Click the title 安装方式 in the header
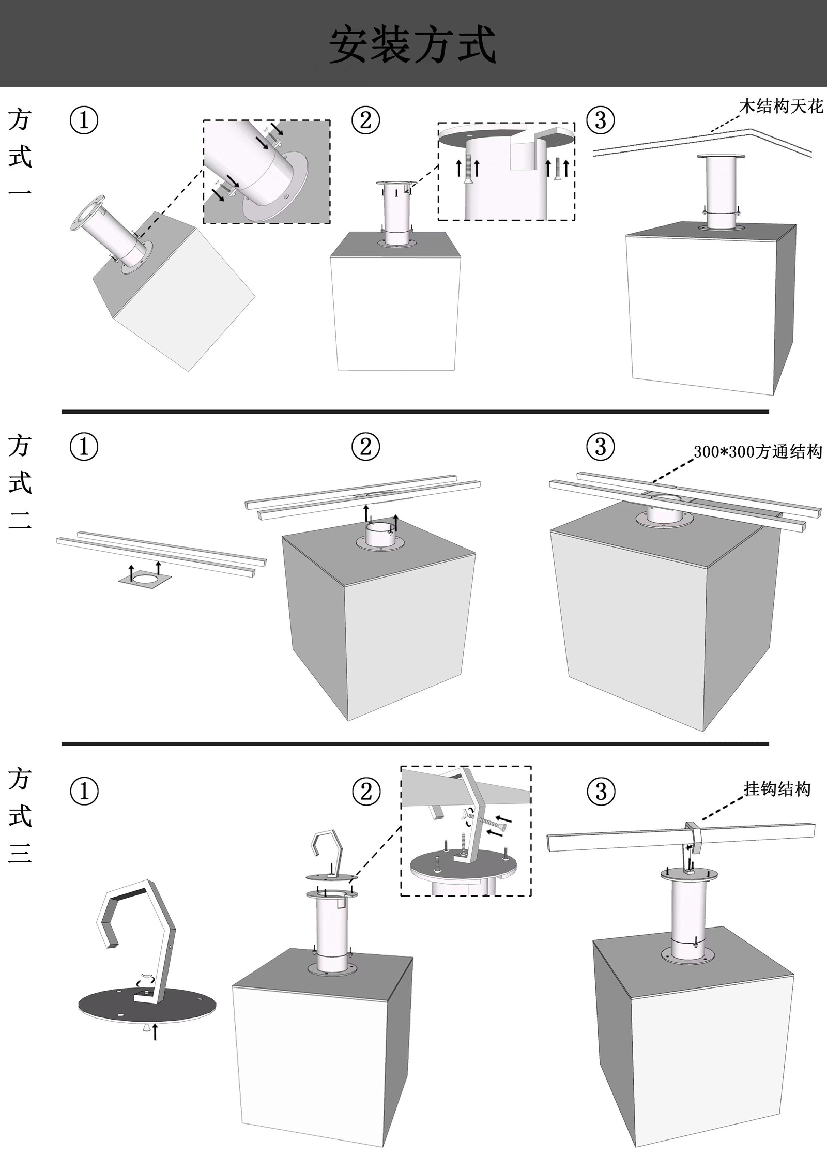coord(412,45)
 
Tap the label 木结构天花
coord(780,107)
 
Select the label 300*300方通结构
coord(757,452)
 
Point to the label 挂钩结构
coord(776,789)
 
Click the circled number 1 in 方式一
coord(84,120)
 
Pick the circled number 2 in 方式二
coord(365,447)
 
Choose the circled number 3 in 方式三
coord(601,792)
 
